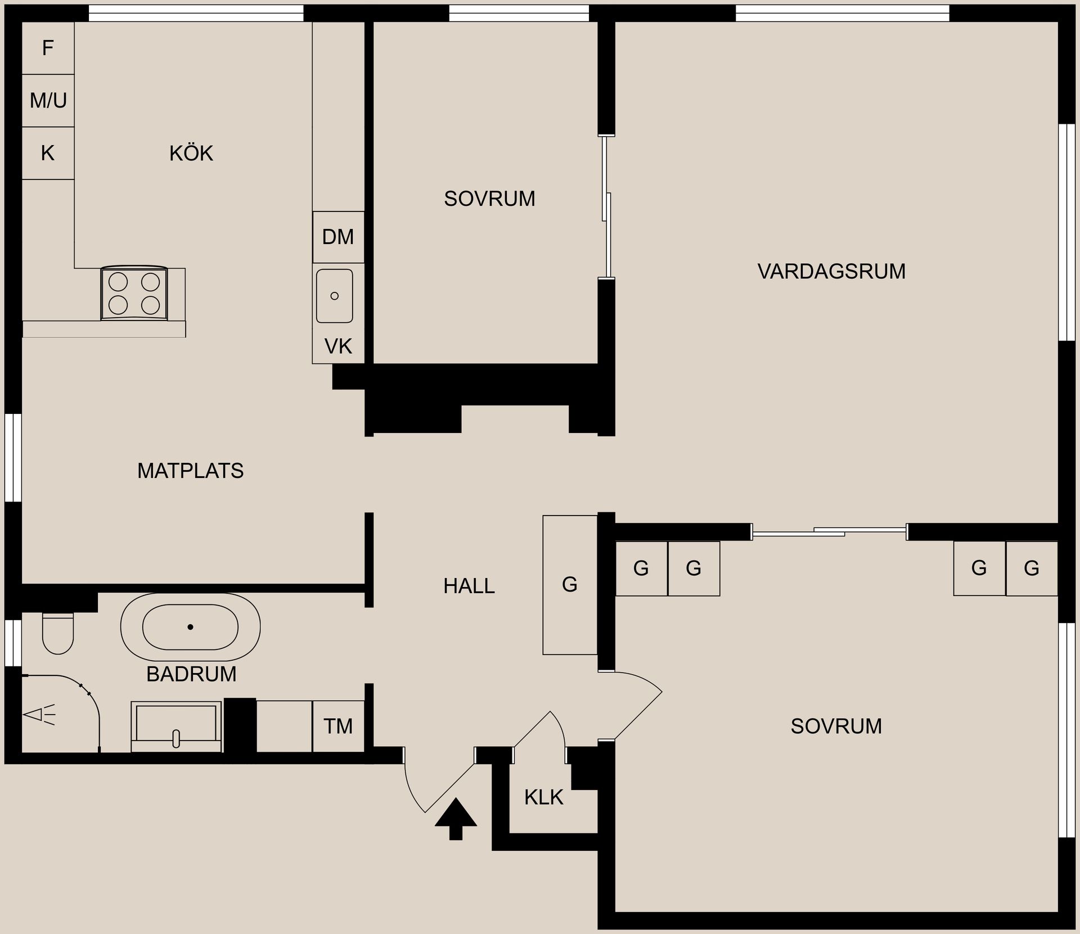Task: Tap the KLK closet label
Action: [x=543, y=797]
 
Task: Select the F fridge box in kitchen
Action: [x=48, y=48]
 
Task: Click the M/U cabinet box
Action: [x=48, y=101]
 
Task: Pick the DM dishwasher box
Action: [x=338, y=237]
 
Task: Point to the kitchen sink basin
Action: [x=335, y=296]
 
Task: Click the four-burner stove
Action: [x=134, y=294]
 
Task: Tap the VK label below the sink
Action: [x=338, y=346]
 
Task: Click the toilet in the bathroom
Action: [x=58, y=633]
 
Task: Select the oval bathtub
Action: [x=190, y=626]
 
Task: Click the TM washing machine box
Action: [x=338, y=726]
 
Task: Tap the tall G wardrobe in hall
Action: [x=570, y=585]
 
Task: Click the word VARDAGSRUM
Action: [x=831, y=272]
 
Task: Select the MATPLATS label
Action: [x=190, y=471]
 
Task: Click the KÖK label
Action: [x=191, y=154]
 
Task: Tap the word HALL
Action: [x=469, y=586]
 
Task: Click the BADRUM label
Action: [x=191, y=674]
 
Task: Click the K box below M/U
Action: [x=48, y=153]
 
